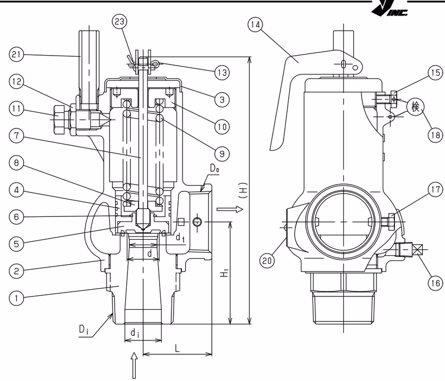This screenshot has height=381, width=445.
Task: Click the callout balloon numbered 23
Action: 120,21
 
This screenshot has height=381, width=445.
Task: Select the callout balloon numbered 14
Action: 255,24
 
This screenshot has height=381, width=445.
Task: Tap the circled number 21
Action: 17,54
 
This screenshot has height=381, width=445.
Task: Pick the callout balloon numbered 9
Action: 221,154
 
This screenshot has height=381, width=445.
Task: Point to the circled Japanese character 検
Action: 416,107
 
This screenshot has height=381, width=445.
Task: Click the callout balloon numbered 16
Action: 436,283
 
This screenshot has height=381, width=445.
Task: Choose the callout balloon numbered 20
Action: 267,260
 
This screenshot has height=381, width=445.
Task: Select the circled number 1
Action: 17,298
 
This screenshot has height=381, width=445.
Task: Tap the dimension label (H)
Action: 244,190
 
